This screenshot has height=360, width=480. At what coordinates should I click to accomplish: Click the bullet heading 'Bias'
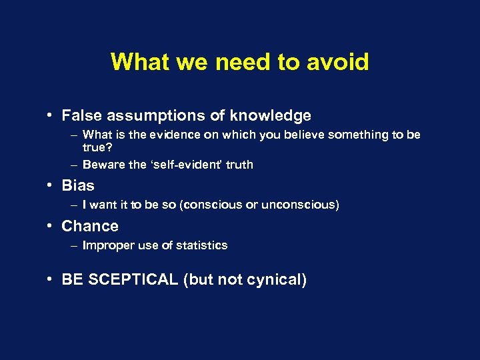78,186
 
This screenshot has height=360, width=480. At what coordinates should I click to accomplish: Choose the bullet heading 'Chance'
90,227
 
